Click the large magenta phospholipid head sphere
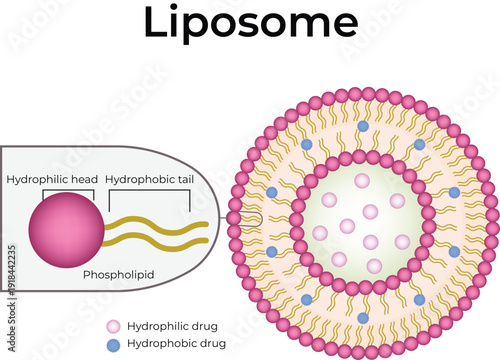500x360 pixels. point(66,226)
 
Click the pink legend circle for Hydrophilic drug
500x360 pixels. point(113,326)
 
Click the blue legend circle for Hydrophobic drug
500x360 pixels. point(113,343)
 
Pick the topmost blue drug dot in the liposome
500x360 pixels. point(363,126)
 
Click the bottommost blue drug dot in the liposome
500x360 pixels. point(363,318)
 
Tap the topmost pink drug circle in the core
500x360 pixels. point(362,182)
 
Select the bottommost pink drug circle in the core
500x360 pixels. point(374,266)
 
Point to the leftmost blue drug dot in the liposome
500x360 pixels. point(271,192)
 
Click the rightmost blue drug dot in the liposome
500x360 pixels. point(455,192)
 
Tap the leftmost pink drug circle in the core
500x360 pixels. point(320,233)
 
